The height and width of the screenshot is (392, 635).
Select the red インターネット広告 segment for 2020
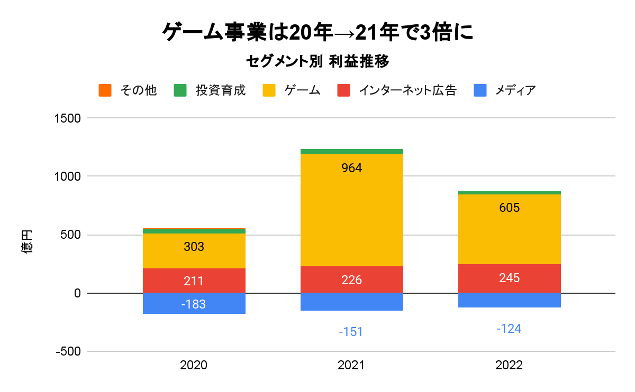[194, 281]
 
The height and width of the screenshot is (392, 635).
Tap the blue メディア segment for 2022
[510, 300]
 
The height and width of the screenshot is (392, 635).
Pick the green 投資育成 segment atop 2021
[352, 152]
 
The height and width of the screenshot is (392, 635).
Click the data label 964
[352, 169]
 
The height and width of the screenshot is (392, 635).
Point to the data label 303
[194, 247]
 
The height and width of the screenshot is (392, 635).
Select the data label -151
[352, 332]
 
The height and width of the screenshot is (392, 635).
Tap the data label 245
[510, 278]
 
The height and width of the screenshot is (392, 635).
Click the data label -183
[194, 304]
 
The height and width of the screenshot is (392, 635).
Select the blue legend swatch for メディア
[480, 90]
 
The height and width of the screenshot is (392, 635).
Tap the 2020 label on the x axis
[194, 365]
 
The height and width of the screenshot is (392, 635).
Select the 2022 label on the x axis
[509, 365]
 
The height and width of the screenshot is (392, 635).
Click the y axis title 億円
[28, 241]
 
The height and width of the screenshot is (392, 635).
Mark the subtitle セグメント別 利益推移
[317, 62]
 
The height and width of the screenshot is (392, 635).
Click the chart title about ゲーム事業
[317, 33]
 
